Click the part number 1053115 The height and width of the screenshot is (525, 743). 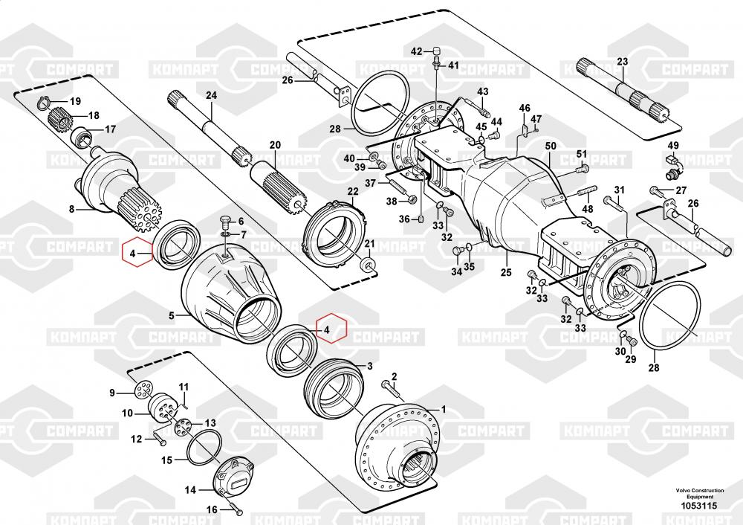[696, 506]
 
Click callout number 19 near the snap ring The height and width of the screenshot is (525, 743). [75, 101]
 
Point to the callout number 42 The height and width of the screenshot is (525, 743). [417, 51]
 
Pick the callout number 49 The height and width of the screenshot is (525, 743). [672, 145]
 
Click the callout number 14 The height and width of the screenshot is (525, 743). [190, 489]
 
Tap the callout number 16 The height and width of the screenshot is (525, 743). [211, 509]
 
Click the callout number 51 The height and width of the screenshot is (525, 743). [582, 154]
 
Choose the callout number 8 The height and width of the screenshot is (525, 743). [72, 210]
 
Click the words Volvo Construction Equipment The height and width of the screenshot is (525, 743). [696, 494]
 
